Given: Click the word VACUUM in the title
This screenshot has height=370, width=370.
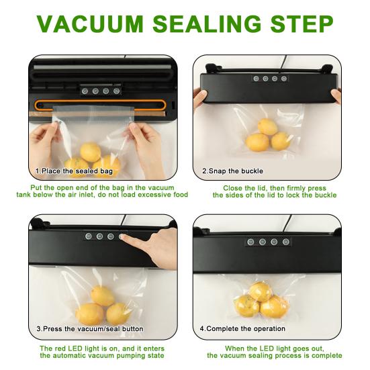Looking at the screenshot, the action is [x=90, y=24].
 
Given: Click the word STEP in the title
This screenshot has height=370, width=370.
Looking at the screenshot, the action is [x=302, y=24].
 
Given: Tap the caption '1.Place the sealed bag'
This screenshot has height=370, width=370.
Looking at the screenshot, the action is [x=74, y=171].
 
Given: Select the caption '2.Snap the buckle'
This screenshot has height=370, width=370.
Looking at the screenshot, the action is [x=232, y=171].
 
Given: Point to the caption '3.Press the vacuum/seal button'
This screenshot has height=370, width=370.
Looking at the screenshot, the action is [x=90, y=329].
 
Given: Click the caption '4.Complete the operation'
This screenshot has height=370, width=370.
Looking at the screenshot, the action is [x=242, y=329].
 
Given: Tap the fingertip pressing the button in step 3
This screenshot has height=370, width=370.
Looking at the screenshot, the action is [x=123, y=237].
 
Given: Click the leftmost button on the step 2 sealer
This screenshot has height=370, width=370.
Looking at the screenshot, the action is [x=256, y=79].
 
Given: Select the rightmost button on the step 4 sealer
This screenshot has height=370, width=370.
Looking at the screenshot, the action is [x=286, y=242].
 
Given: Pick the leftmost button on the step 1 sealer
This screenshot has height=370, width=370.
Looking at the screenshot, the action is [x=85, y=91].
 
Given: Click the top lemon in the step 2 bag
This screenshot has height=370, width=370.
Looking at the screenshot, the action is [x=267, y=127].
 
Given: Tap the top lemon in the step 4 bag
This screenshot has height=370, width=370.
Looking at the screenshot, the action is [x=261, y=291].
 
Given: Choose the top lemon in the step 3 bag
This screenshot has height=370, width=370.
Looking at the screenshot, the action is [x=103, y=295].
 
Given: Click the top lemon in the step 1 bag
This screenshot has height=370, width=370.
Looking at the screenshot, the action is [x=91, y=152].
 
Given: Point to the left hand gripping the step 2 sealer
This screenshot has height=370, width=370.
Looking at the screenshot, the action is [x=200, y=99].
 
